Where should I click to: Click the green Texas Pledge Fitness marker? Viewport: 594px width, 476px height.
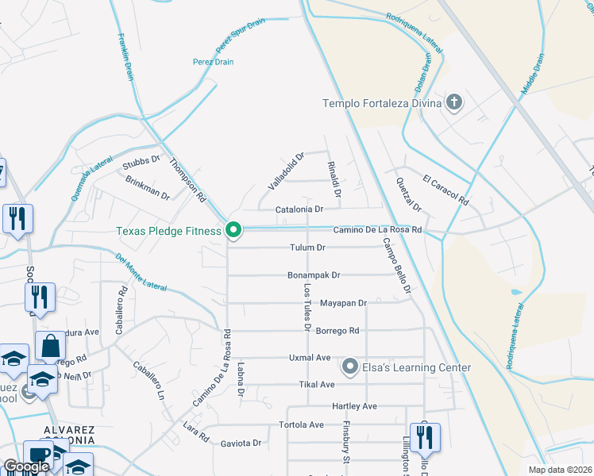[x=233, y=231]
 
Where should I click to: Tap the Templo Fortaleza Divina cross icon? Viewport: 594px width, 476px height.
[x=454, y=102]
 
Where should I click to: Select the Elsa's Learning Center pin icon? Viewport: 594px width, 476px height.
[x=349, y=367]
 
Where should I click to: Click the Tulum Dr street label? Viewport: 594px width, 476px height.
[x=308, y=248]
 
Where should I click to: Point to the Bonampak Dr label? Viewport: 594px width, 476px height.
[x=314, y=275]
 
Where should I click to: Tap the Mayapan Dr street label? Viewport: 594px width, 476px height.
[x=343, y=303]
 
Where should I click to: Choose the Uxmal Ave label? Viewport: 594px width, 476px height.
[x=310, y=358]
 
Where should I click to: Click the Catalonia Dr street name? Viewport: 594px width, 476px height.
[x=299, y=209]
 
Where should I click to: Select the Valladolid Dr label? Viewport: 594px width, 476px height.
[x=286, y=171]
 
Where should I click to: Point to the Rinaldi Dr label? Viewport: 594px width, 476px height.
[x=334, y=178]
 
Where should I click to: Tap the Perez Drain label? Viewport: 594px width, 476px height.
[x=211, y=61]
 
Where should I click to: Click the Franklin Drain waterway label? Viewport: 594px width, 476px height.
[x=125, y=56]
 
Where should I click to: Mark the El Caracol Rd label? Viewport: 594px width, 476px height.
[x=446, y=190]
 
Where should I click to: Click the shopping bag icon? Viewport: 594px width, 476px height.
[x=50, y=346]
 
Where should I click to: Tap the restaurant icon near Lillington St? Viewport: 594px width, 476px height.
[x=425, y=437]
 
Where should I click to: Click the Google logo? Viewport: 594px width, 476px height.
[x=25, y=466]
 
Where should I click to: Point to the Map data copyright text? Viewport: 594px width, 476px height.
[x=560, y=470]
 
